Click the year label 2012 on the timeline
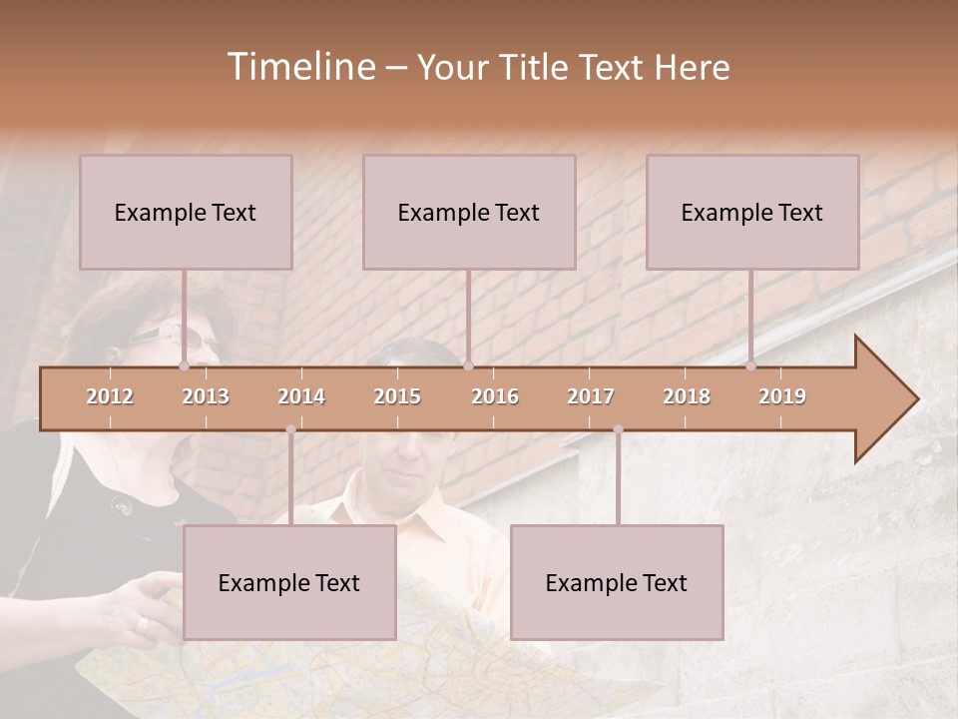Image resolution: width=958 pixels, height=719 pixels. [x=110, y=396]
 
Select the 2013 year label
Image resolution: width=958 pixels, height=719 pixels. [x=206, y=396]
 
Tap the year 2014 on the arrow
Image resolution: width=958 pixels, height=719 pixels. [x=301, y=396]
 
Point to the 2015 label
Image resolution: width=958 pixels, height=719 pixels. [x=397, y=396]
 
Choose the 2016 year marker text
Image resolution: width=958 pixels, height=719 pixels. [x=495, y=396]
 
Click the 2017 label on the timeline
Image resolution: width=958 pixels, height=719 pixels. [x=591, y=396]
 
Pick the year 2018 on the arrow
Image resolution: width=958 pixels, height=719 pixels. [x=687, y=396]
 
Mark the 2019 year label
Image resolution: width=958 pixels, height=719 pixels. [x=782, y=396]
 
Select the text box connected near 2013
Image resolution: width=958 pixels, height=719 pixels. [x=186, y=212]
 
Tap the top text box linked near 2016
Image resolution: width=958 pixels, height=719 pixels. [x=469, y=212]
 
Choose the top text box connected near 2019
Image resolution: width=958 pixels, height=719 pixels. [x=752, y=212]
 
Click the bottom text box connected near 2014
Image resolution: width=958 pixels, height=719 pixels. [x=289, y=582]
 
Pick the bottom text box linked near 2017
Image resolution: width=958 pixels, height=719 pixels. [x=617, y=582]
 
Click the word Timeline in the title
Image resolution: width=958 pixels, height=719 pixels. [x=300, y=66]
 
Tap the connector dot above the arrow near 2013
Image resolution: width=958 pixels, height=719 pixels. [x=184, y=365]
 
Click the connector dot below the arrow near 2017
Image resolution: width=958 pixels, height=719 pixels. [x=618, y=429]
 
